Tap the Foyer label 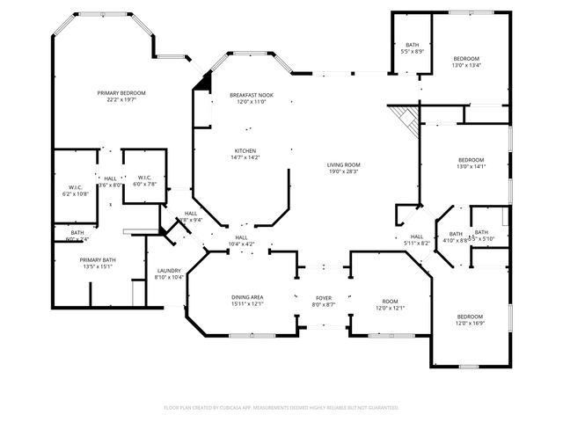324,301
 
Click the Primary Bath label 97,263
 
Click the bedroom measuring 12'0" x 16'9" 470,319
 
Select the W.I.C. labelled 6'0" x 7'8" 145,180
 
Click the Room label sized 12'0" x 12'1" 390,304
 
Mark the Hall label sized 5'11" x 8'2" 417,239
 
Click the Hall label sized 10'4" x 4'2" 241,240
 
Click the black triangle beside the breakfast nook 205,81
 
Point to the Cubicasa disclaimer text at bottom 281,407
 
